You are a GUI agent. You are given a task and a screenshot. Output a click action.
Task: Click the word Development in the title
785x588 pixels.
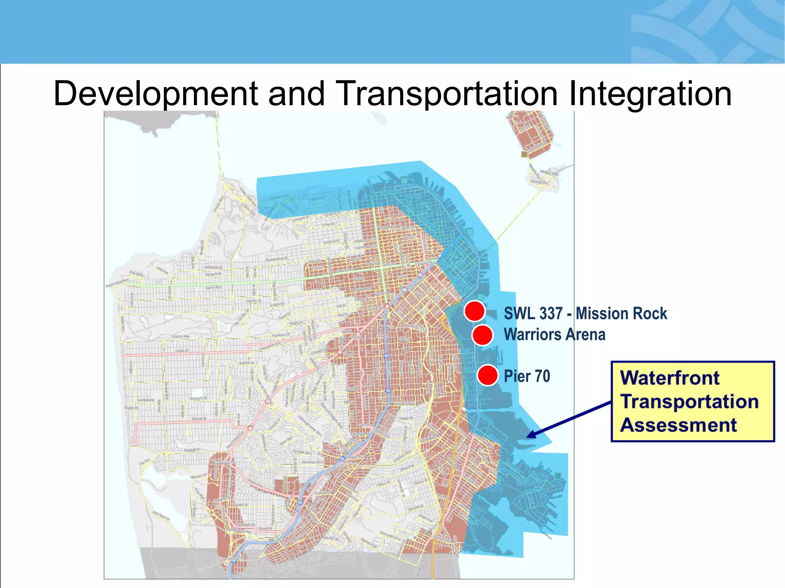pos(155,94)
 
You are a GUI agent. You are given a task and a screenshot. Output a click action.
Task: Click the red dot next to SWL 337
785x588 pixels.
pos(475,311)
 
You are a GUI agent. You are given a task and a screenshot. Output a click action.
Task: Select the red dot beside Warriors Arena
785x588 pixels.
pos(482,335)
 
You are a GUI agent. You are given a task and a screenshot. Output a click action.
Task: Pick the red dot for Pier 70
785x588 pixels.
pos(488,375)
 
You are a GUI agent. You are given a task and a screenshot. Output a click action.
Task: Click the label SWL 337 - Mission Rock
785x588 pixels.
pos(585,314)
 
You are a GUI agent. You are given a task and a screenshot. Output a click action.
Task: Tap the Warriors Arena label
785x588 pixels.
pos(554,335)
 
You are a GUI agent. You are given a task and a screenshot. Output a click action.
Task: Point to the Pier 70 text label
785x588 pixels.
pos(527,376)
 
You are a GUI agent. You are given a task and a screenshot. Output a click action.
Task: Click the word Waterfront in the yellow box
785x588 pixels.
pos(670,378)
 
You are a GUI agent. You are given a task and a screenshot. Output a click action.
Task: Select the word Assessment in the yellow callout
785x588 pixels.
pos(678,425)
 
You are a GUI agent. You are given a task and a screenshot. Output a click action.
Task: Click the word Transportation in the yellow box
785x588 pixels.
pos(689,402)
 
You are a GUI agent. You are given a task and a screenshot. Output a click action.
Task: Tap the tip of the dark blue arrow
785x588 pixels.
pos(528,436)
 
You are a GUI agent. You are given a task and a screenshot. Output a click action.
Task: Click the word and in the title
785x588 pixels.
pos(296,94)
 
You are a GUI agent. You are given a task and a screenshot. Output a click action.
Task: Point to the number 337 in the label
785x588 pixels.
pos(550,314)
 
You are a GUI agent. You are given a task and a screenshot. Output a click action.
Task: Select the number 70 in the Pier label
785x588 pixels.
pos(542,376)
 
